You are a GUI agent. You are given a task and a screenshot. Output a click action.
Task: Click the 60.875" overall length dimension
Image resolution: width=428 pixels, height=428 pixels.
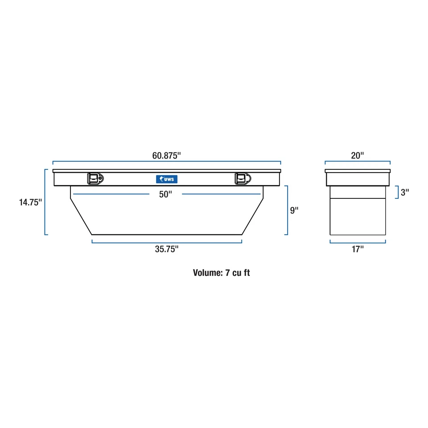166,156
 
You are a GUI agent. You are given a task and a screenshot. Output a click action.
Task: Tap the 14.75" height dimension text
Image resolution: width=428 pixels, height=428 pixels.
30,202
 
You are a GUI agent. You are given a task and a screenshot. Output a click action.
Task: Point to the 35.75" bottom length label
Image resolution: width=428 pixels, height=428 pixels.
167,250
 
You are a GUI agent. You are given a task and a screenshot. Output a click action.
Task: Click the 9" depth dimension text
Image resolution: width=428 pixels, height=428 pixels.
294,210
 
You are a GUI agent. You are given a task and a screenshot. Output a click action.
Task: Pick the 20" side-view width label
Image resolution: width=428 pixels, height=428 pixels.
358,155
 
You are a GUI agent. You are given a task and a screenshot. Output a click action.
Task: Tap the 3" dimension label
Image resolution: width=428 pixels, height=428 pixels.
405,193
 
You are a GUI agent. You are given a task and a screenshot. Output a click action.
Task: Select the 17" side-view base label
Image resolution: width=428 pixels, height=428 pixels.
358,250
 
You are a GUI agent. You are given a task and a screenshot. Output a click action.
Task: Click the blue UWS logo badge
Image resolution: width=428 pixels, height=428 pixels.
166,179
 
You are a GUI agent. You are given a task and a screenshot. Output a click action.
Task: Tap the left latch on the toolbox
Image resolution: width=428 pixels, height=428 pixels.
95,178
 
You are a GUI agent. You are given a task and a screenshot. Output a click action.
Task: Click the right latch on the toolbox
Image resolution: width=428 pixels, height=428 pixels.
243,178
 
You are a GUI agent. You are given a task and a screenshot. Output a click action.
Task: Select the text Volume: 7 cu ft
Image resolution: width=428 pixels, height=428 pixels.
221,273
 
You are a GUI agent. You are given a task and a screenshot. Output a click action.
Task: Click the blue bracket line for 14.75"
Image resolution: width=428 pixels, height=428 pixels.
45,202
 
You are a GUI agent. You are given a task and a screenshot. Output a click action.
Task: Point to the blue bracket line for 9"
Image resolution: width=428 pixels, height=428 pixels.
288,210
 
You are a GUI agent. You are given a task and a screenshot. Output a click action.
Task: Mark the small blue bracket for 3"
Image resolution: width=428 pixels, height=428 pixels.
397,193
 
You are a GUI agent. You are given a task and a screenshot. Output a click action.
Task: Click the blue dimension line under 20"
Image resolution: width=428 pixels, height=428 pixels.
358,162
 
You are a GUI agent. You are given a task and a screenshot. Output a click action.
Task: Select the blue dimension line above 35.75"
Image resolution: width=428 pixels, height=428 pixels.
167,242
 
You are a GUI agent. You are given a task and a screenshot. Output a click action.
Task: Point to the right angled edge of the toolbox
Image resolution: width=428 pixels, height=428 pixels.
253,216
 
